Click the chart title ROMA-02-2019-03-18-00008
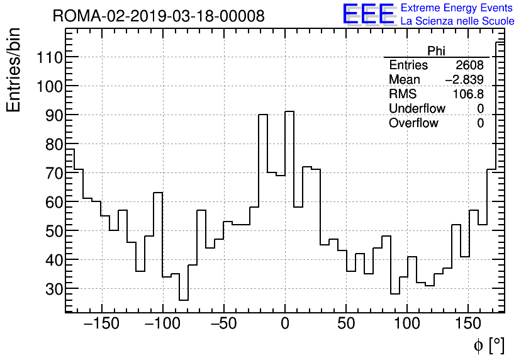tap(158, 16)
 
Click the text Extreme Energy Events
tap(457, 8)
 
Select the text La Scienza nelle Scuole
tap(457, 21)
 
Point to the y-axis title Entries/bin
tap(14, 70)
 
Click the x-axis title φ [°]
tap(489, 345)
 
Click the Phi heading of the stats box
tap(436, 51)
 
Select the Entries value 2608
tap(469, 65)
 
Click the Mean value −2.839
tap(464, 80)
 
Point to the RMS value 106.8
tap(468, 94)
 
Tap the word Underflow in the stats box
tap(417, 109)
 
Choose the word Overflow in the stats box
tap(413, 123)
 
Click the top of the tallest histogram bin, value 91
tap(289, 111)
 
